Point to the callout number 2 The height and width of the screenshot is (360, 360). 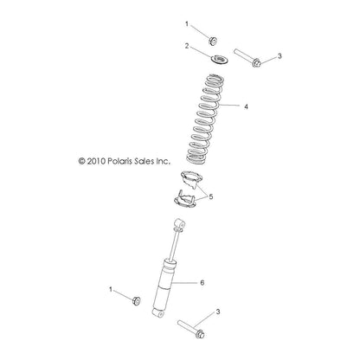tap(185, 48)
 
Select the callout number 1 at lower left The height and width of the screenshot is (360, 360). tap(110, 287)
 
